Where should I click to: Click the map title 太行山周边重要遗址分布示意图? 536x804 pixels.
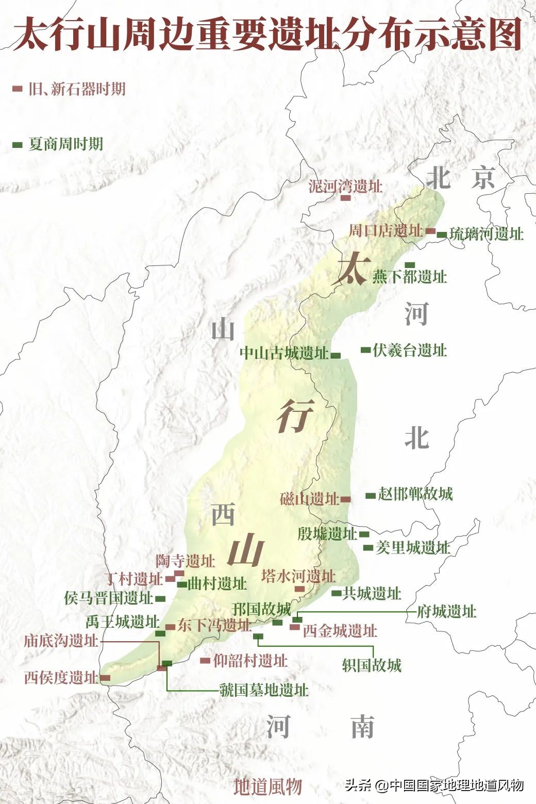(x=267, y=35)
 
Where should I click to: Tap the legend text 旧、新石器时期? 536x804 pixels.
(x=77, y=89)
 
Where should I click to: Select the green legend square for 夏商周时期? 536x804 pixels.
(x=18, y=144)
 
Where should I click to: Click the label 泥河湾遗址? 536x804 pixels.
(x=345, y=186)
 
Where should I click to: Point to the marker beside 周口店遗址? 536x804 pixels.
(x=430, y=231)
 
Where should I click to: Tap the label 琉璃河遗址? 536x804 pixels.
(x=487, y=234)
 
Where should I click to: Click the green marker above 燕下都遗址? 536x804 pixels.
(x=410, y=265)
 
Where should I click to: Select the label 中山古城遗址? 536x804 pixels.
(x=284, y=353)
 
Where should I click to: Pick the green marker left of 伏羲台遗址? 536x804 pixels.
(x=365, y=350)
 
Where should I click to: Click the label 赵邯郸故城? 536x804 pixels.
(x=415, y=494)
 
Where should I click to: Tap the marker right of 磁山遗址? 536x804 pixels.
(x=345, y=499)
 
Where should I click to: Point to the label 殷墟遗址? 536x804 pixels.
(x=327, y=533)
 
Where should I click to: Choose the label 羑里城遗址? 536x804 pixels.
(x=413, y=547)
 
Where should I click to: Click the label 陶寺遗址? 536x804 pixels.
(x=186, y=560)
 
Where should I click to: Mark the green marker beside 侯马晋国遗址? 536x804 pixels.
(x=160, y=599)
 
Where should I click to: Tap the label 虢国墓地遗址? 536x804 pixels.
(x=264, y=690)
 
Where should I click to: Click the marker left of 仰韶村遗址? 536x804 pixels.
(x=205, y=660)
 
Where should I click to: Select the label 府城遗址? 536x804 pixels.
(x=446, y=612)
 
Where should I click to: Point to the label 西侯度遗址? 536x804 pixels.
(x=61, y=677)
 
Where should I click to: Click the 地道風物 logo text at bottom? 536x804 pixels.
(x=267, y=786)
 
